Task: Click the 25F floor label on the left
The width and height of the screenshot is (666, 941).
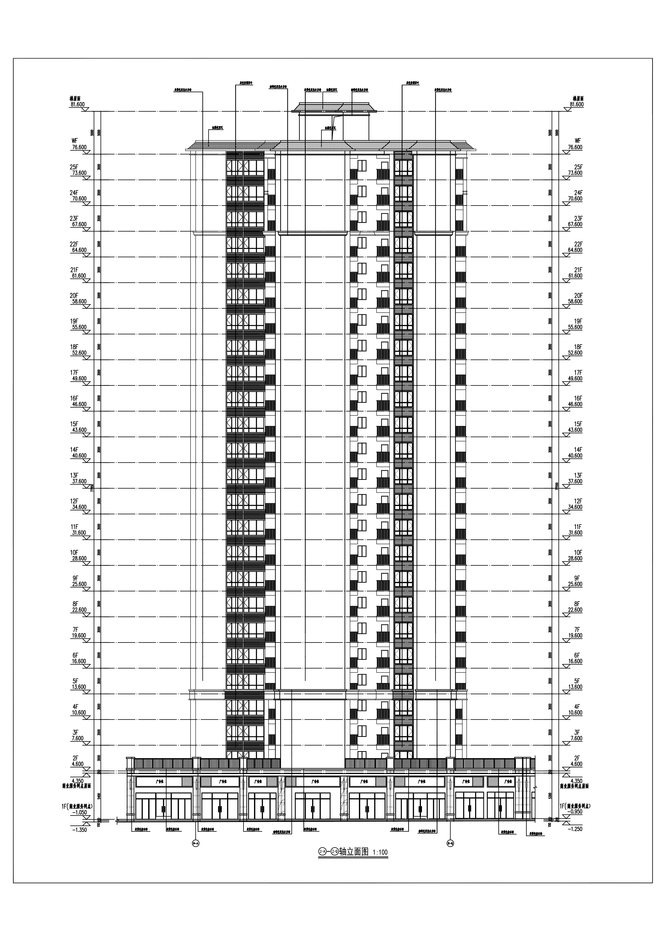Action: coord(74,167)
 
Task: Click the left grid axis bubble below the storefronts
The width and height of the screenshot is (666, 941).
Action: coord(196,844)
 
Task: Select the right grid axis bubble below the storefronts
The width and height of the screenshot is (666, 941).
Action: coord(450,844)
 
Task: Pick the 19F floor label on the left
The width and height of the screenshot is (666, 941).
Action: coord(74,321)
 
